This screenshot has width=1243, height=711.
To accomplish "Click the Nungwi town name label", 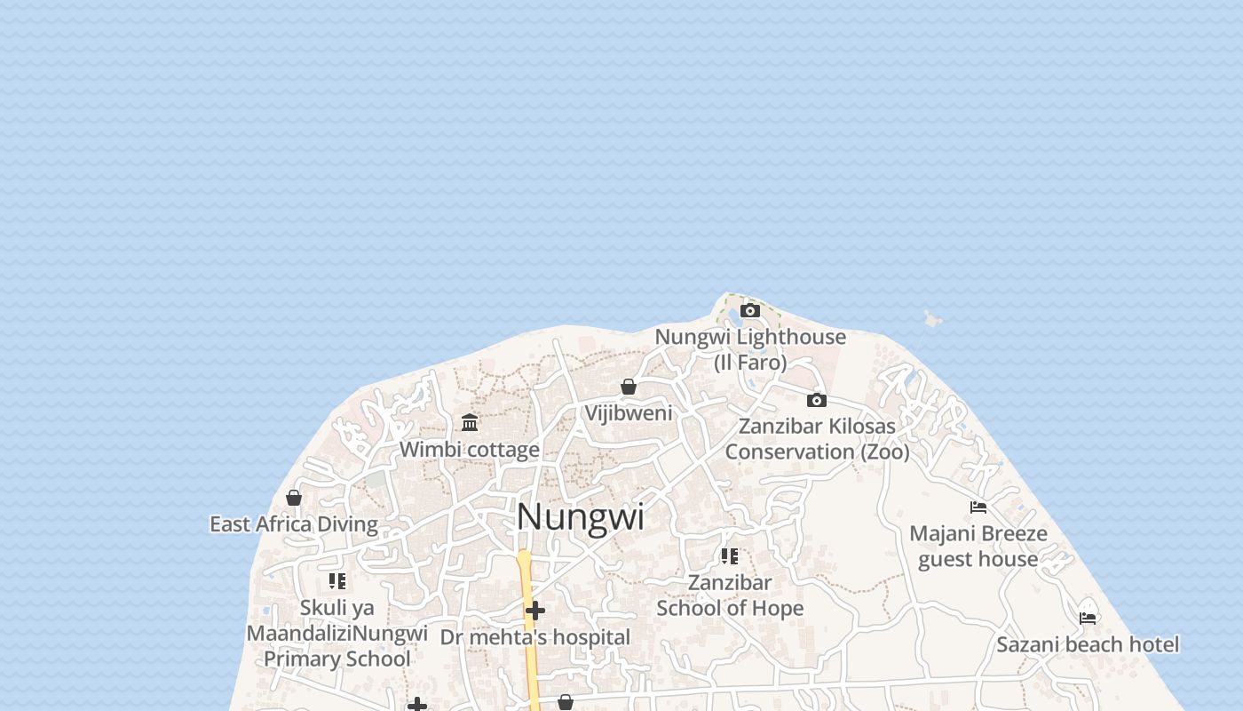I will click(x=580, y=517).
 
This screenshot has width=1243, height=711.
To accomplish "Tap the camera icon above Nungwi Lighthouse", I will click(x=750, y=310).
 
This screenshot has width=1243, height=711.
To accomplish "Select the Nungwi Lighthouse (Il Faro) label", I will click(x=750, y=349).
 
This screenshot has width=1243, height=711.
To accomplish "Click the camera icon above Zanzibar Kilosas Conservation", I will click(x=817, y=400).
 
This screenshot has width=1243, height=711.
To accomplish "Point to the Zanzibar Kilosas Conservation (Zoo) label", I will click(x=817, y=439).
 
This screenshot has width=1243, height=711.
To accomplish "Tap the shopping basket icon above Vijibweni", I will click(x=629, y=387).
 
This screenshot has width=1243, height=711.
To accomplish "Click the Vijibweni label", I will click(x=629, y=413).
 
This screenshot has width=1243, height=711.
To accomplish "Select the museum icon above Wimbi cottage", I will click(x=470, y=422).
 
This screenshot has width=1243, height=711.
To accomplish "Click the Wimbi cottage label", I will click(x=470, y=450).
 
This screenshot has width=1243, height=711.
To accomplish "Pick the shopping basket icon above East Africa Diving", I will click(x=294, y=498).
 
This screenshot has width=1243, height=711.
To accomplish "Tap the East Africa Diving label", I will click(x=294, y=524).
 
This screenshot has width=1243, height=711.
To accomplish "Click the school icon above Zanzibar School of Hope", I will click(x=730, y=556).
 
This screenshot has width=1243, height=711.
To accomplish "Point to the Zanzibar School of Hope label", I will click(x=730, y=595).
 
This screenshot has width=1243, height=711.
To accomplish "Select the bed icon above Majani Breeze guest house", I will click(x=978, y=507).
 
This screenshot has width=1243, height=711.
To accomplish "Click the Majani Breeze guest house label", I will click(x=978, y=547).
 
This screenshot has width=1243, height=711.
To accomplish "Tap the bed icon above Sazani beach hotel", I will click(x=1088, y=618).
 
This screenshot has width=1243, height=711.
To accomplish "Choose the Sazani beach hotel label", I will click(x=1088, y=644).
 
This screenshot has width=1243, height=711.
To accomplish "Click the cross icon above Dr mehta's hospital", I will click(x=535, y=611).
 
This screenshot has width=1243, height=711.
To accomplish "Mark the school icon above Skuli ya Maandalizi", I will click(x=337, y=581).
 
